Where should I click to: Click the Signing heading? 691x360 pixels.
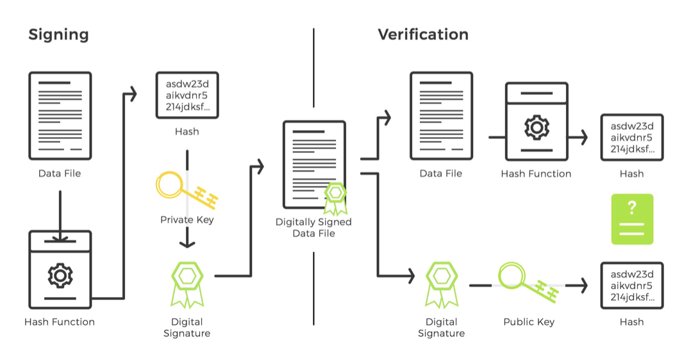coord(58,35)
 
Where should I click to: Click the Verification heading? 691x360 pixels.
coord(423,35)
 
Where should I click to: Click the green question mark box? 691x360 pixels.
coord(632,219)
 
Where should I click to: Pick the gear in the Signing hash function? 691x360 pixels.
coord(60,275)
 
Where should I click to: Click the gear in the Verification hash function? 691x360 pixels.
coord(537,127)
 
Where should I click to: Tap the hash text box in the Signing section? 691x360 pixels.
coord(187,95)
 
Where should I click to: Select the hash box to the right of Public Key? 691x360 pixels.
coord(632,286)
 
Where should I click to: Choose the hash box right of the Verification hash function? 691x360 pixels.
coord(632,138)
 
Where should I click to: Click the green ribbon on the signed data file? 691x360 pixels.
coord(335,199)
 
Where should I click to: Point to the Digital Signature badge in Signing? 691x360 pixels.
coord(187,284)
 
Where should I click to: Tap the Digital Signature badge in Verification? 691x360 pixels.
coord(442,284)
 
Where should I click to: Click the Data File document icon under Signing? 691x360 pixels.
coord(60,116)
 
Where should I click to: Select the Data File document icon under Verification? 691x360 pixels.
coord(441,116)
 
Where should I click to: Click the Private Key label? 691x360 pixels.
coord(187,220)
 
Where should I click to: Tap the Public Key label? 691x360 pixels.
coord(529,322)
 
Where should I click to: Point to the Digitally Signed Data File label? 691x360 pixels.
coord(314,227)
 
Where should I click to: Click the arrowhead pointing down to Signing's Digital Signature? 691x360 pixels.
coord(187,243)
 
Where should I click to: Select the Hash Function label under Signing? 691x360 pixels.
coord(60,322)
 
